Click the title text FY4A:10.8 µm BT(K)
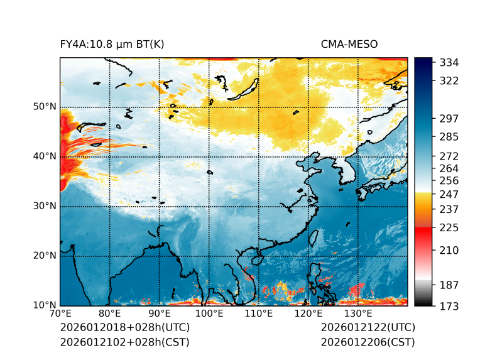(x=112, y=45)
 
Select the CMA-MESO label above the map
(x=349, y=45)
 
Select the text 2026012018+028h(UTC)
(x=124, y=327)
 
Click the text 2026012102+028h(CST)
(x=124, y=342)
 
